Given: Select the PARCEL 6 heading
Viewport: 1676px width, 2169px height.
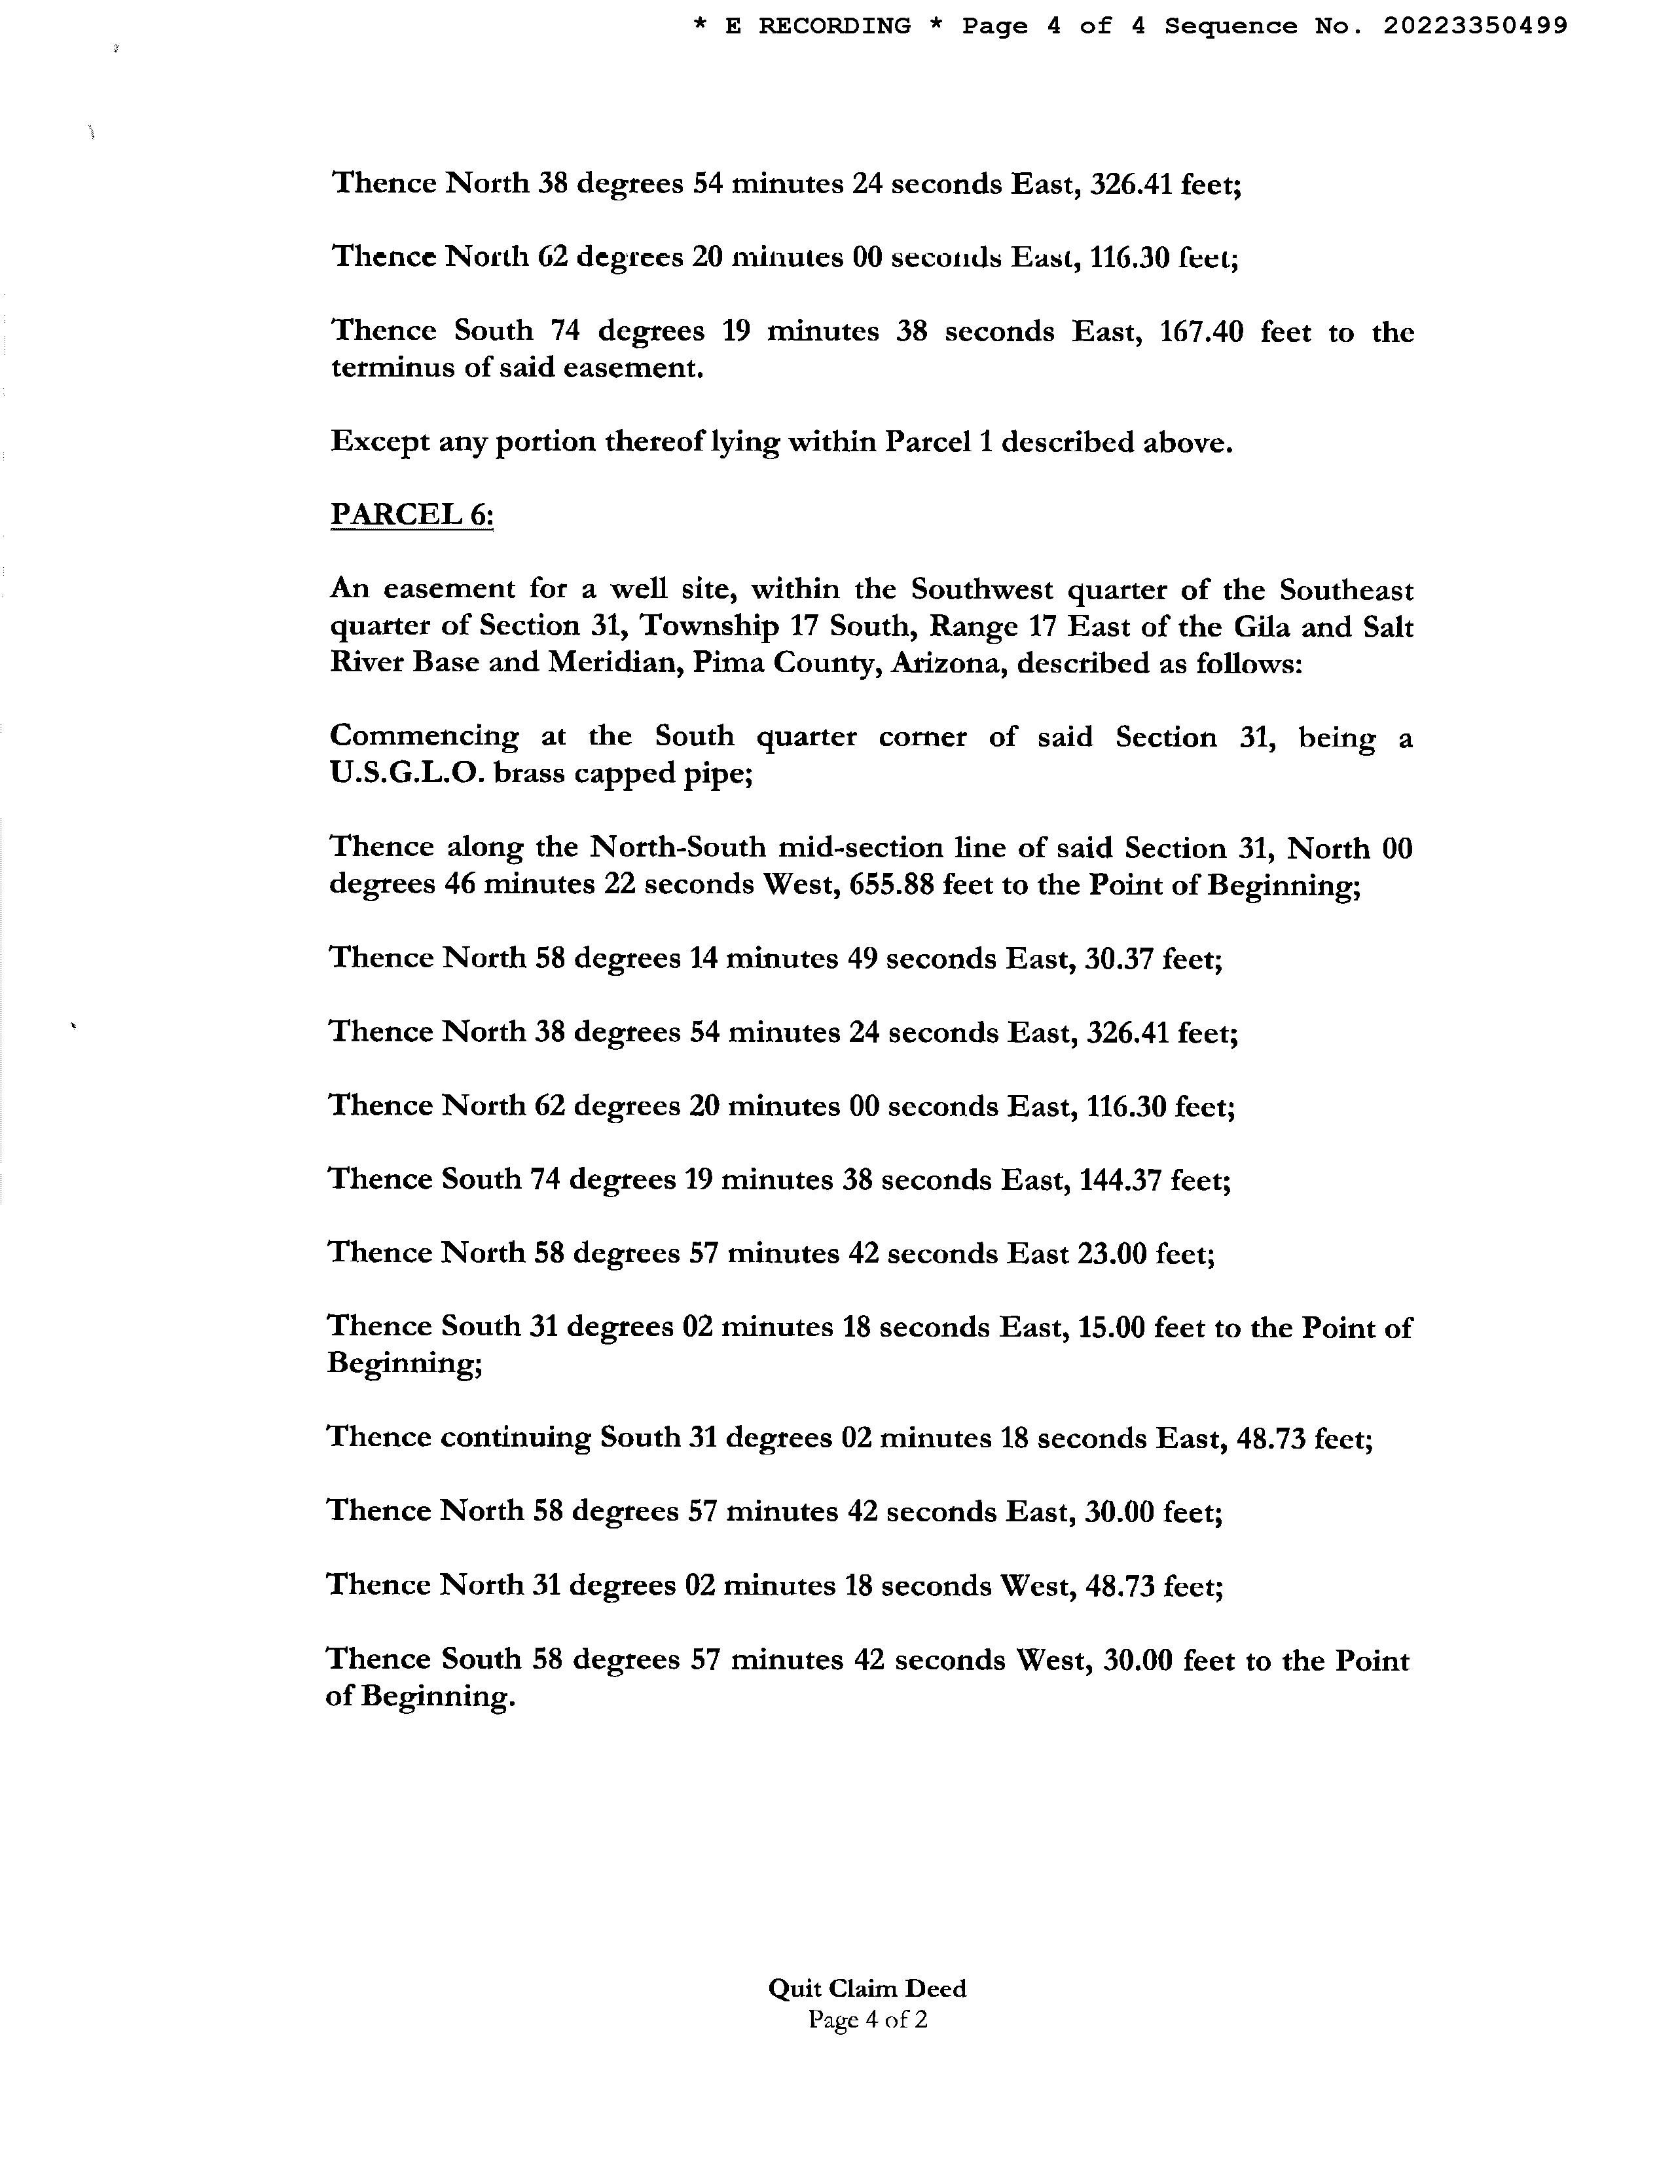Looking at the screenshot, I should (411, 515).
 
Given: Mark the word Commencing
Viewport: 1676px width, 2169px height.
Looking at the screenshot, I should (424, 737).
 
